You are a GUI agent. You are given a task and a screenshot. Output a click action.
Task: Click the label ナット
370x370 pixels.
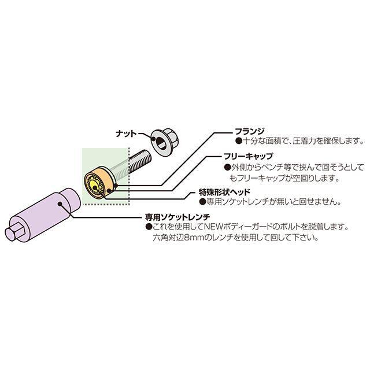point(125,134)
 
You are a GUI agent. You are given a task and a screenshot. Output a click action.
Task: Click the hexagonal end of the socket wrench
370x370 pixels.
point(16,232)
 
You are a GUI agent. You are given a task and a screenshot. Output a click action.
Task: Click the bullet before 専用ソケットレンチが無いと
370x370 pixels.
point(202,202)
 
